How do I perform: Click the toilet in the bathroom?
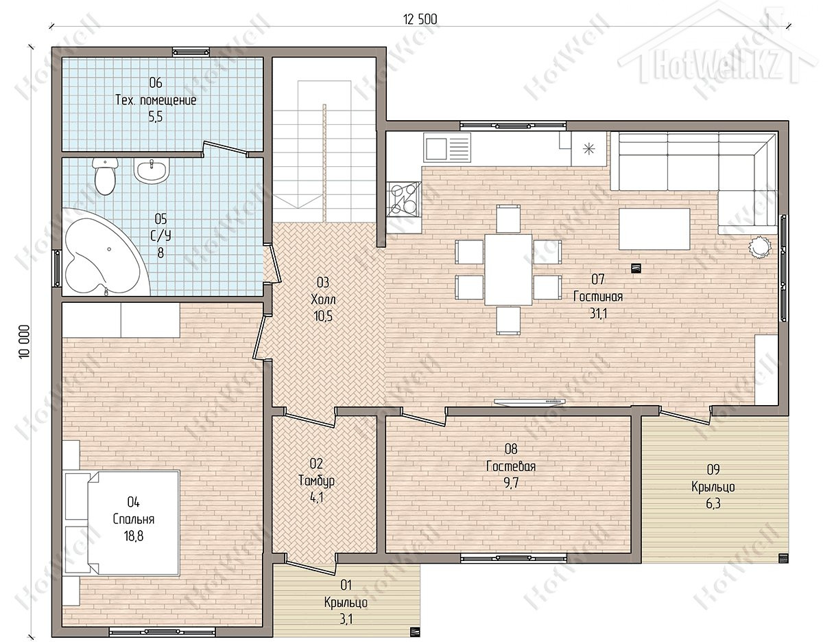(x=104, y=176)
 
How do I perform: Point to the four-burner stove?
(x=404, y=200)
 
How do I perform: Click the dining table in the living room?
(x=509, y=270)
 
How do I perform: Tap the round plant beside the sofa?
(x=760, y=247)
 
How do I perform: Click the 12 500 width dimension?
(x=420, y=20)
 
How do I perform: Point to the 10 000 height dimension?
(x=24, y=341)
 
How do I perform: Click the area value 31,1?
(x=598, y=313)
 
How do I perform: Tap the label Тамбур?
(x=317, y=481)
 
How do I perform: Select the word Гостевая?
(x=511, y=466)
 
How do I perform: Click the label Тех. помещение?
(x=156, y=100)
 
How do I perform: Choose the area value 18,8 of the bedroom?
(x=133, y=536)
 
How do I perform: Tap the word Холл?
(x=323, y=299)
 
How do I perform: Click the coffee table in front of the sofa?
(x=654, y=229)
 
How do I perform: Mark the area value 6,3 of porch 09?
(x=713, y=503)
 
